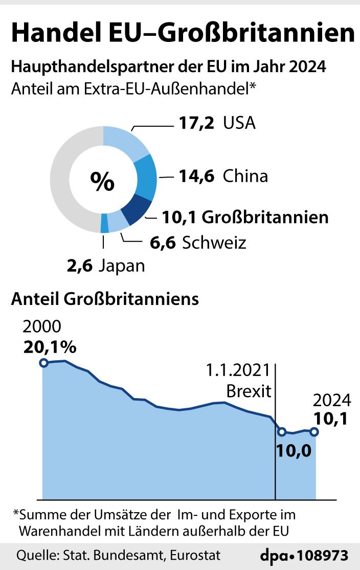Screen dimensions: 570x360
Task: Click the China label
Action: pyautogui.click(x=245, y=177)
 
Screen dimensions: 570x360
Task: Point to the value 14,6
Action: pyautogui.click(x=197, y=177)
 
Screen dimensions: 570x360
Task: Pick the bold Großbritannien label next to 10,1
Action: pyautogui.click(x=265, y=217)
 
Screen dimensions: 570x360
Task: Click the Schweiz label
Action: pyautogui.click(x=214, y=242)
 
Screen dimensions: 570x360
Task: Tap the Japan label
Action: pyautogui.click(x=122, y=266)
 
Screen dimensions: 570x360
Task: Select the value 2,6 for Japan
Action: pyautogui.click(x=79, y=266)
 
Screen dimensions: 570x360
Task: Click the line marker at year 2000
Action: pyautogui.click(x=44, y=363)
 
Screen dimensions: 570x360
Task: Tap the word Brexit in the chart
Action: pyautogui.click(x=249, y=392)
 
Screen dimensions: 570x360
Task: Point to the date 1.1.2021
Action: pyautogui.click(x=238, y=370)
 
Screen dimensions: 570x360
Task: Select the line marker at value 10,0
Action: pyautogui.click(x=282, y=432)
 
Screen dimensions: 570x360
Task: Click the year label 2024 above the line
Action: pyautogui.click(x=331, y=400)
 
